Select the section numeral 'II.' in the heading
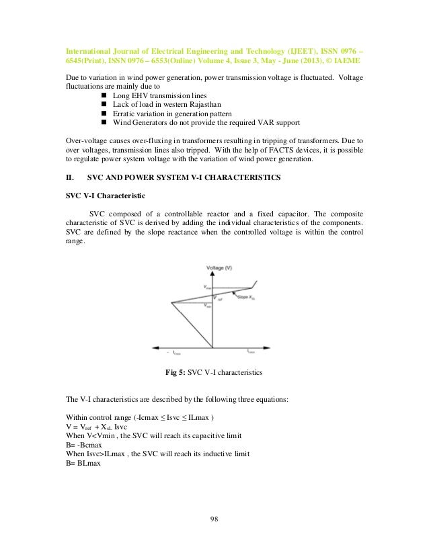[x=69, y=177]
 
